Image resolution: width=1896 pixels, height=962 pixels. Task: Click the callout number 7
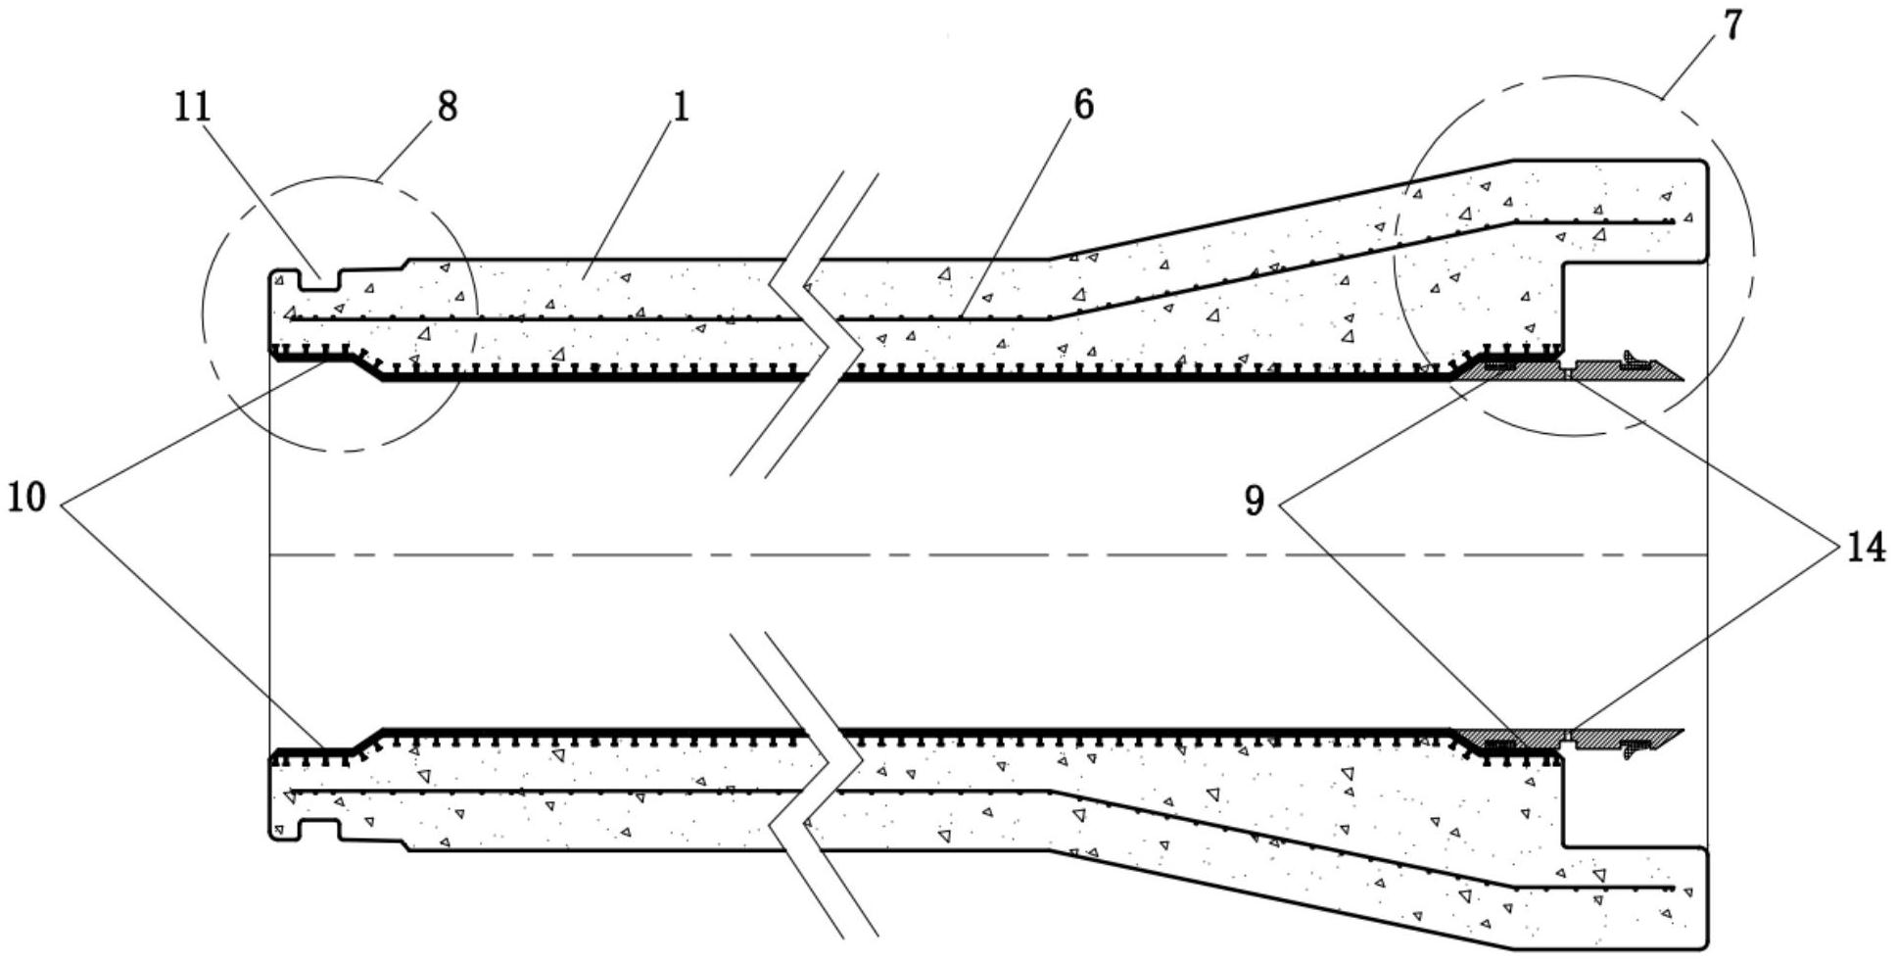click(x=1732, y=26)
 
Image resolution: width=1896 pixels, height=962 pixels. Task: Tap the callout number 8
click(x=447, y=107)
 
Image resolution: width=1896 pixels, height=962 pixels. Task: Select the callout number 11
click(x=193, y=107)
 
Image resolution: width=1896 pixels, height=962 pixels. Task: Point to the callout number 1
click(x=680, y=107)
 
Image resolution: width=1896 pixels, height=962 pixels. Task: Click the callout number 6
click(x=1083, y=105)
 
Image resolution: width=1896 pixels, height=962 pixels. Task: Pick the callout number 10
click(x=26, y=499)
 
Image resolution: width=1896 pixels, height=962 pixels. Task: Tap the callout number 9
click(x=1255, y=502)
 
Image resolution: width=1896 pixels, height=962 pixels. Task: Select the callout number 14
click(x=1866, y=547)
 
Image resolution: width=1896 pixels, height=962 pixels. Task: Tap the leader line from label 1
click(x=632, y=196)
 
